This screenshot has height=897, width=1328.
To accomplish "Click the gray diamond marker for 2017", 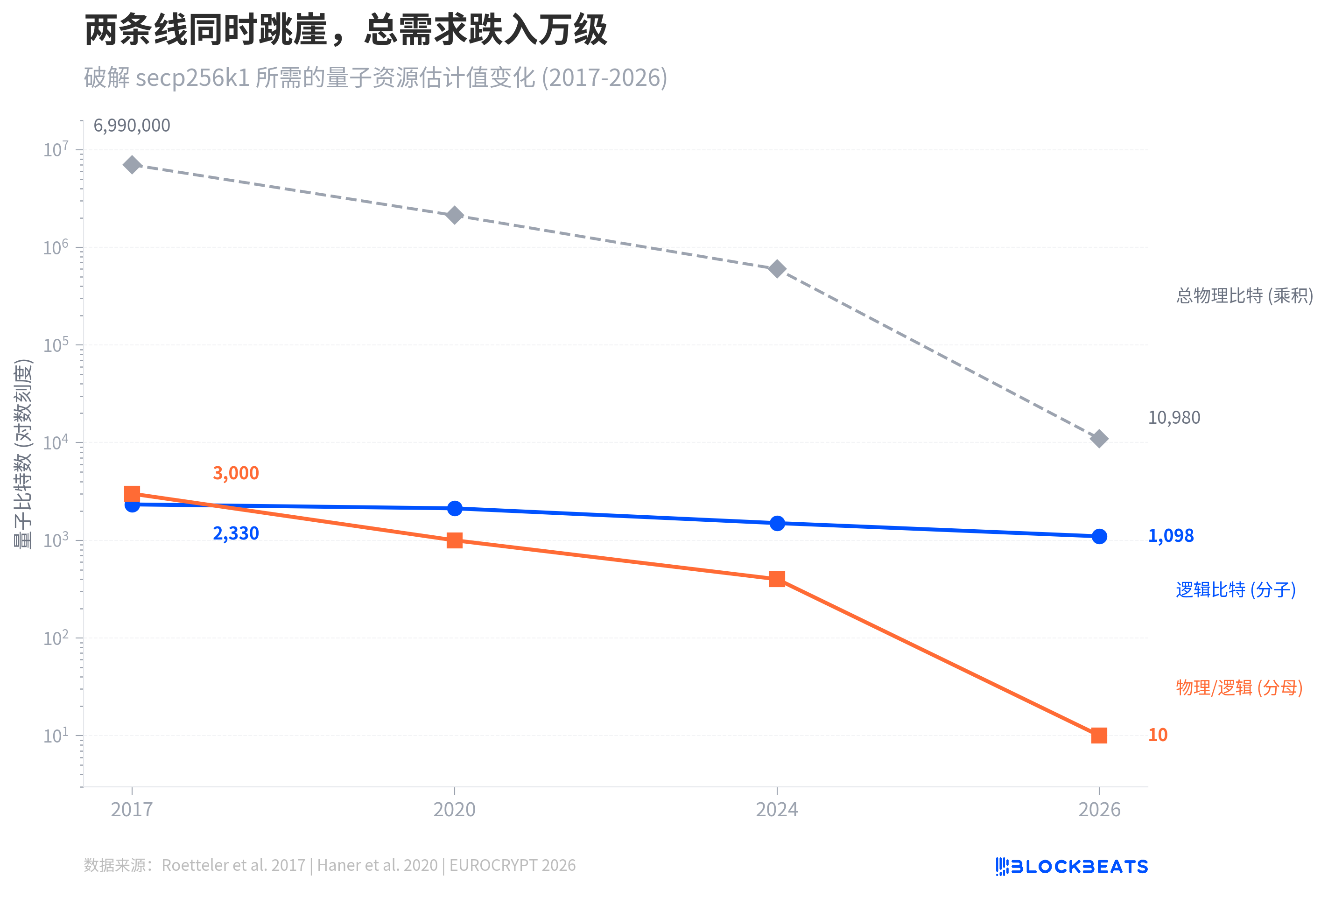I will click(132, 165).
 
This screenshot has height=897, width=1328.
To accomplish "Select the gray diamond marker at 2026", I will click(1098, 439).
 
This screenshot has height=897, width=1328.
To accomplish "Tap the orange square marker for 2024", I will click(777, 579).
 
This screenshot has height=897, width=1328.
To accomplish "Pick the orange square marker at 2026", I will click(1098, 736).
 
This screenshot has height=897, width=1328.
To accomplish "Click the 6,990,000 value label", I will click(132, 126).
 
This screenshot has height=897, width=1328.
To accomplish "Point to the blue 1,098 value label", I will click(1170, 536).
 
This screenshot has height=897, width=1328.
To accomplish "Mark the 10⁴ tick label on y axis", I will click(56, 442).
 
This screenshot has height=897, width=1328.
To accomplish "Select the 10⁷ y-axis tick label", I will click(56, 150).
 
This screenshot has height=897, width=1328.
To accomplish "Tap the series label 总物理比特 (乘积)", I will click(1244, 295).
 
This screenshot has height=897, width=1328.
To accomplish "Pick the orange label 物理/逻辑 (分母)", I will click(1239, 687).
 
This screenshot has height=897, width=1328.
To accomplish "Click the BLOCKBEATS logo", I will click(1071, 867).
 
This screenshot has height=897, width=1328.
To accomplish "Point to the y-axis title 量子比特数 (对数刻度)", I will click(23, 454).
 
